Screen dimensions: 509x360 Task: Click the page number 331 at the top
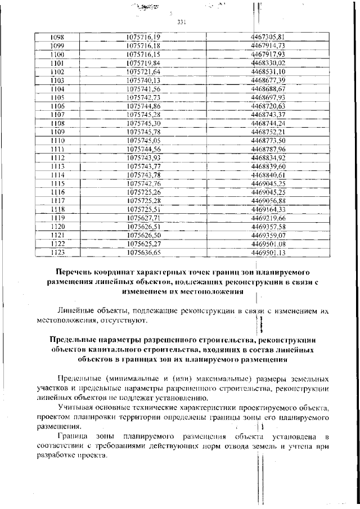tap(181, 23)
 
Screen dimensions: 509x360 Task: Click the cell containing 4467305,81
tap(268, 36)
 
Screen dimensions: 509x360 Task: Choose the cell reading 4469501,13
tap(268, 253)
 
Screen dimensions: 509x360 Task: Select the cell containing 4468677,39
tap(268, 80)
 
